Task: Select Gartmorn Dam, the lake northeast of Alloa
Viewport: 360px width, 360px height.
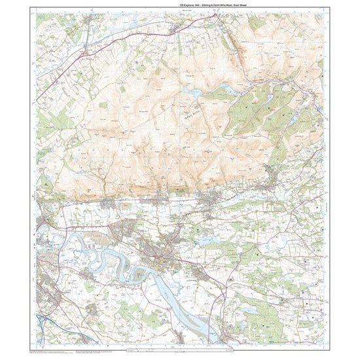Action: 207,242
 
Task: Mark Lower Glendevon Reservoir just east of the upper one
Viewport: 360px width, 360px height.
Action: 223,87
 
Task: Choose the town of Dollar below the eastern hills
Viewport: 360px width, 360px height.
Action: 265,189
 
